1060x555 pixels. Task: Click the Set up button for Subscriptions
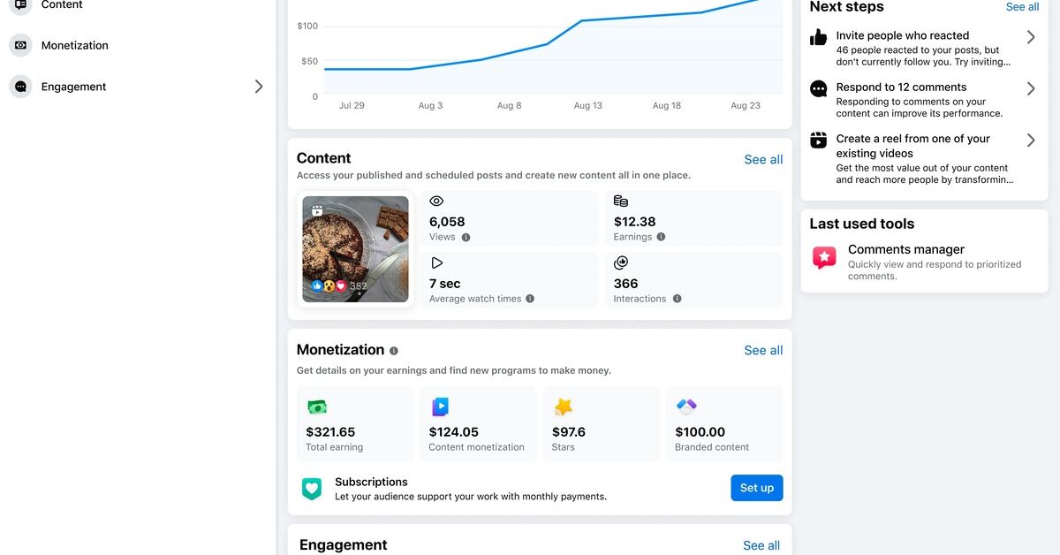click(x=756, y=488)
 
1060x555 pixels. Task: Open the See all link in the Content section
click(x=763, y=159)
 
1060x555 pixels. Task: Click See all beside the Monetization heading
click(x=763, y=350)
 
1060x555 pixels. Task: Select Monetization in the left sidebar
click(x=74, y=45)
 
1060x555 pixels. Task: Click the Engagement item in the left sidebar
click(x=73, y=87)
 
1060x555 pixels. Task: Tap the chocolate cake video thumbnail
click(x=355, y=249)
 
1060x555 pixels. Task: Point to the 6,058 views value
click(x=447, y=222)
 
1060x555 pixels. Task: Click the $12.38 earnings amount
click(x=634, y=222)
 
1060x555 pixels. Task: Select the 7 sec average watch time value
click(x=444, y=284)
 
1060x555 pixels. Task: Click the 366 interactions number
click(x=625, y=284)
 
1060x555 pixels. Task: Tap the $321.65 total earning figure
click(x=330, y=432)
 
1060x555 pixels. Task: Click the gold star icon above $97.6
click(x=563, y=407)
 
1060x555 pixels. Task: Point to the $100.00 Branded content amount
click(x=700, y=432)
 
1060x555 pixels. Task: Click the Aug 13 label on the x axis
click(x=587, y=105)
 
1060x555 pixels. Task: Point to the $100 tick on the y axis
click(x=307, y=26)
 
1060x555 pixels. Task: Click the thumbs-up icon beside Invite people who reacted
click(x=819, y=37)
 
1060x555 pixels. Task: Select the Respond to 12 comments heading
click(x=901, y=87)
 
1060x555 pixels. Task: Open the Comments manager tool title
click(x=905, y=249)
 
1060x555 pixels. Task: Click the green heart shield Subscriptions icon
click(x=312, y=489)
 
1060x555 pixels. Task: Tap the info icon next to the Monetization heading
click(x=394, y=351)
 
